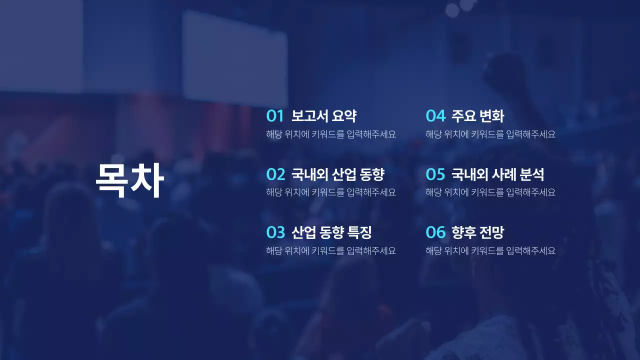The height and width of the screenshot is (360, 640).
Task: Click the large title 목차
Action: click(x=130, y=180)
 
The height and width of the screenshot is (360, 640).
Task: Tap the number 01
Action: click(x=275, y=116)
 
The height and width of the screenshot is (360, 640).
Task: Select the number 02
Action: click(x=275, y=174)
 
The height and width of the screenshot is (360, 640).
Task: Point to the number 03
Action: click(x=275, y=232)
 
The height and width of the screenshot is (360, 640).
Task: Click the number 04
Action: click(x=435, y=116)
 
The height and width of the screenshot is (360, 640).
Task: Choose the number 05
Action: click(x=435, y=174)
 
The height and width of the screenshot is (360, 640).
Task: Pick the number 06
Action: click(x=435, y=232)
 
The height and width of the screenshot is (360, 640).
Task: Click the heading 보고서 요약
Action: click(x=324, y=116)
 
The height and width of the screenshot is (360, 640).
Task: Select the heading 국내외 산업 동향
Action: click(x=338, y=174)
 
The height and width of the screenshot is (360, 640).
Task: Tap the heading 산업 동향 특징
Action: click(x=331, y=232)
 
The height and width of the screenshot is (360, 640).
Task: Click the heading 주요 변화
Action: click(x=477, y=116)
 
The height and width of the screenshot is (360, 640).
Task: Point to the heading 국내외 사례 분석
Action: click(x=497, y=174)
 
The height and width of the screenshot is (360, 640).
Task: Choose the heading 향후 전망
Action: click(x=477, y=232)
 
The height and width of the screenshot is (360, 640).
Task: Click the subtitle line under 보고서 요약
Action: click(x=331, y=134)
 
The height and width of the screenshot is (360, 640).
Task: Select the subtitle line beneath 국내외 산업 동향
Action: click(x=331, y=192)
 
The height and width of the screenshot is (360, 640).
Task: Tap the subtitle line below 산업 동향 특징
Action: click(x=331, y=251)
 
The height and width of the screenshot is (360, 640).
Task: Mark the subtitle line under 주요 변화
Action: click(x=490, y=134)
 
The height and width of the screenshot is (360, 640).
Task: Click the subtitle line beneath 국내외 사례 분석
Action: click(x=490, y=192)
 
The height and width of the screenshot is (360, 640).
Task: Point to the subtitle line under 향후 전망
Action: click(x=490, y=251)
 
